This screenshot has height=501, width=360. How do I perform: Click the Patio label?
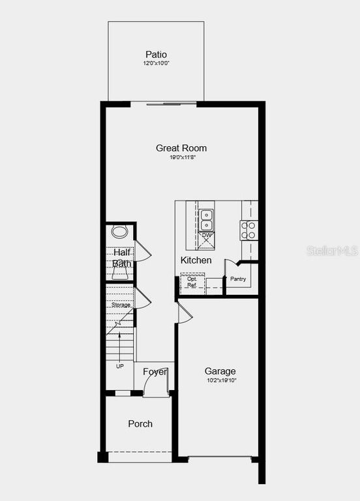[x=156, y=55]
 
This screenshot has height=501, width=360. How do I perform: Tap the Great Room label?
[x=181, y=148]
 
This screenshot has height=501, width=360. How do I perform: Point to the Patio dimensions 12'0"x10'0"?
[x=156, y=64]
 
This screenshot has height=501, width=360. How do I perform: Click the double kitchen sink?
[x=207, y=216]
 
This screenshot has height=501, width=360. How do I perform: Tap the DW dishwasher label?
[x=207, y=235]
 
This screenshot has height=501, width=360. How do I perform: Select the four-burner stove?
[x=249, y=230]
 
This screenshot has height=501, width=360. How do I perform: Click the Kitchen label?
[x=196, y=260]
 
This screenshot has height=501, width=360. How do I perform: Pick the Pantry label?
[x=238, y=279]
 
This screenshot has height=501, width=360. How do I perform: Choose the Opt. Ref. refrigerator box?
[x=192, y=282]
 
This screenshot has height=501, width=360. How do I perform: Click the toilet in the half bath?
[x=119, y=232]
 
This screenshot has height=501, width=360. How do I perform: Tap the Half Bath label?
[x=122, y=258]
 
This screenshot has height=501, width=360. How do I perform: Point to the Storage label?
[x=121, y=305]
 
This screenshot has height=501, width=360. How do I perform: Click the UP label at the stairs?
[x=119, y=366]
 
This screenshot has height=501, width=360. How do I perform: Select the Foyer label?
[x=155, y=372]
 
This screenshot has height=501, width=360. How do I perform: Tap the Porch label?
[x=140, y=423]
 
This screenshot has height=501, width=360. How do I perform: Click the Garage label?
[x=220, y=371]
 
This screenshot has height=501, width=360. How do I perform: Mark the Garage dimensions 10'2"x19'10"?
[x=220, y=380]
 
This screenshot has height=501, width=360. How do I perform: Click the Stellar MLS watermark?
[x=333, y=250]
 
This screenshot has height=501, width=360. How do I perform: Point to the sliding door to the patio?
[x=171, y=103]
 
